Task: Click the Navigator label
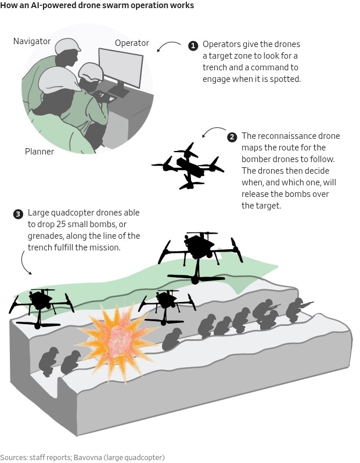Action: click(x=32, y=41)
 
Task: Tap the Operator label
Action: click(x=132, y=43)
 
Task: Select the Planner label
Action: click(x=39, y=152)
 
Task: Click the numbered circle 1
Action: click(x=193, y=45)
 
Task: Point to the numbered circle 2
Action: click(x=232, y=137)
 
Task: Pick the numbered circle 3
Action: click(x=18, y=214)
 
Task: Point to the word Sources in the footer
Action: click(x=13, y=457)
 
